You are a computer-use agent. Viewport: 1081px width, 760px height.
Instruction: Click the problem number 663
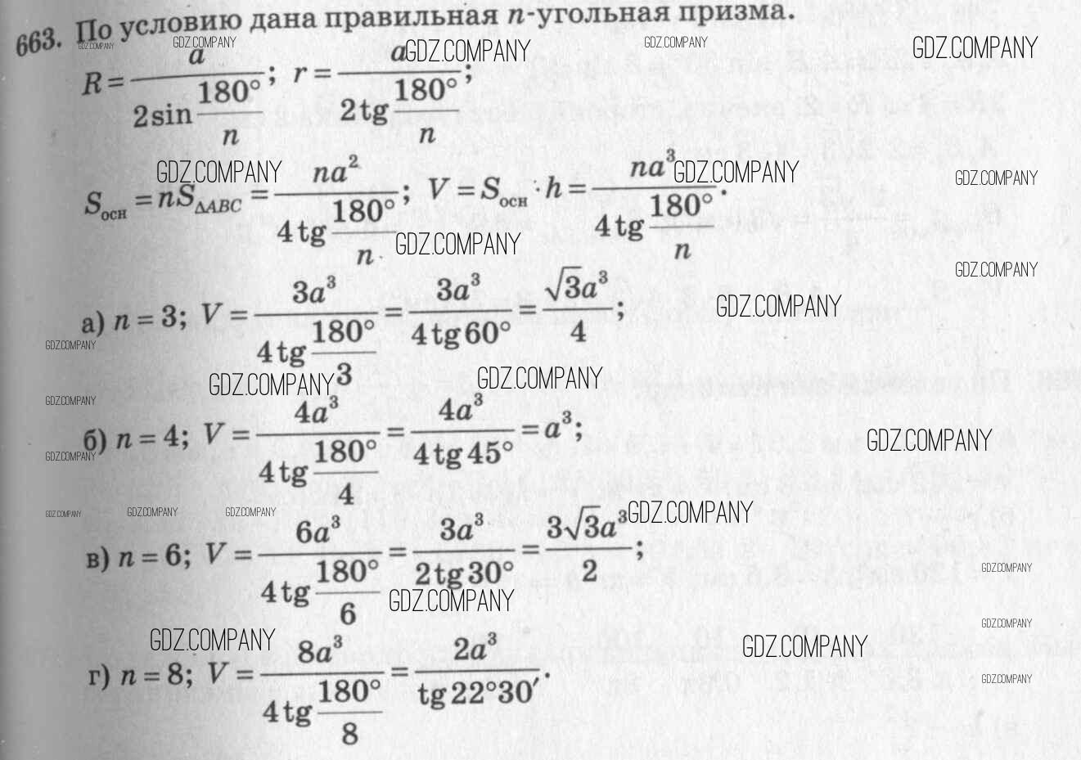click(x=38, y=41)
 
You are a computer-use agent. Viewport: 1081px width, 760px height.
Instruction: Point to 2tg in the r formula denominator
click(x=363, y=110)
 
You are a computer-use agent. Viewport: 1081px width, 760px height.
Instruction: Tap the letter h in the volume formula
click(x=554, y=188)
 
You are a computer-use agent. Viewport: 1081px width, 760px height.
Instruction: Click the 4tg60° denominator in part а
click(x=460, y=333)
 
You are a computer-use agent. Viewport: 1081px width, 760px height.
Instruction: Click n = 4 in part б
click(x=151, y=436)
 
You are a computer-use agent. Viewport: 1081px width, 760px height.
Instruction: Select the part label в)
click(x=97, y=560)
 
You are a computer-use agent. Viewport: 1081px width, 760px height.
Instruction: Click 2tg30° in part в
click(x=464, y=572)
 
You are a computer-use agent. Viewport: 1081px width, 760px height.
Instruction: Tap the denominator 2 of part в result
click(x=589, y=571)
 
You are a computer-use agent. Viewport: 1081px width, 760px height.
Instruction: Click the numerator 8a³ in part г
click(x=320, y=652)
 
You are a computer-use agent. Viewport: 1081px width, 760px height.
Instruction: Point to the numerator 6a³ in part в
click(x=318, y=533)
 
